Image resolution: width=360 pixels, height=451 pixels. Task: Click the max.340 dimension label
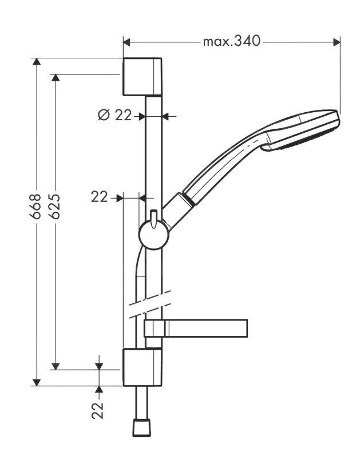tap(231, 42)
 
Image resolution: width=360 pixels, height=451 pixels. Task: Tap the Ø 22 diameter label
tap(114, 116)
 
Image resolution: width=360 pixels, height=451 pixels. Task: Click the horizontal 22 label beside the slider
tap(100, 197)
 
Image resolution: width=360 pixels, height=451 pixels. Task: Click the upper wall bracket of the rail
tap(143, 76)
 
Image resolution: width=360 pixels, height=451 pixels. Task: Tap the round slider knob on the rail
tap(153, 235)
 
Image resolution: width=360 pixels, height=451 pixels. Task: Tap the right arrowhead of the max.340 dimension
tap(337, 42)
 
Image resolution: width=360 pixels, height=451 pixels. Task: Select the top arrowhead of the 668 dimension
tap(36, 62)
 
